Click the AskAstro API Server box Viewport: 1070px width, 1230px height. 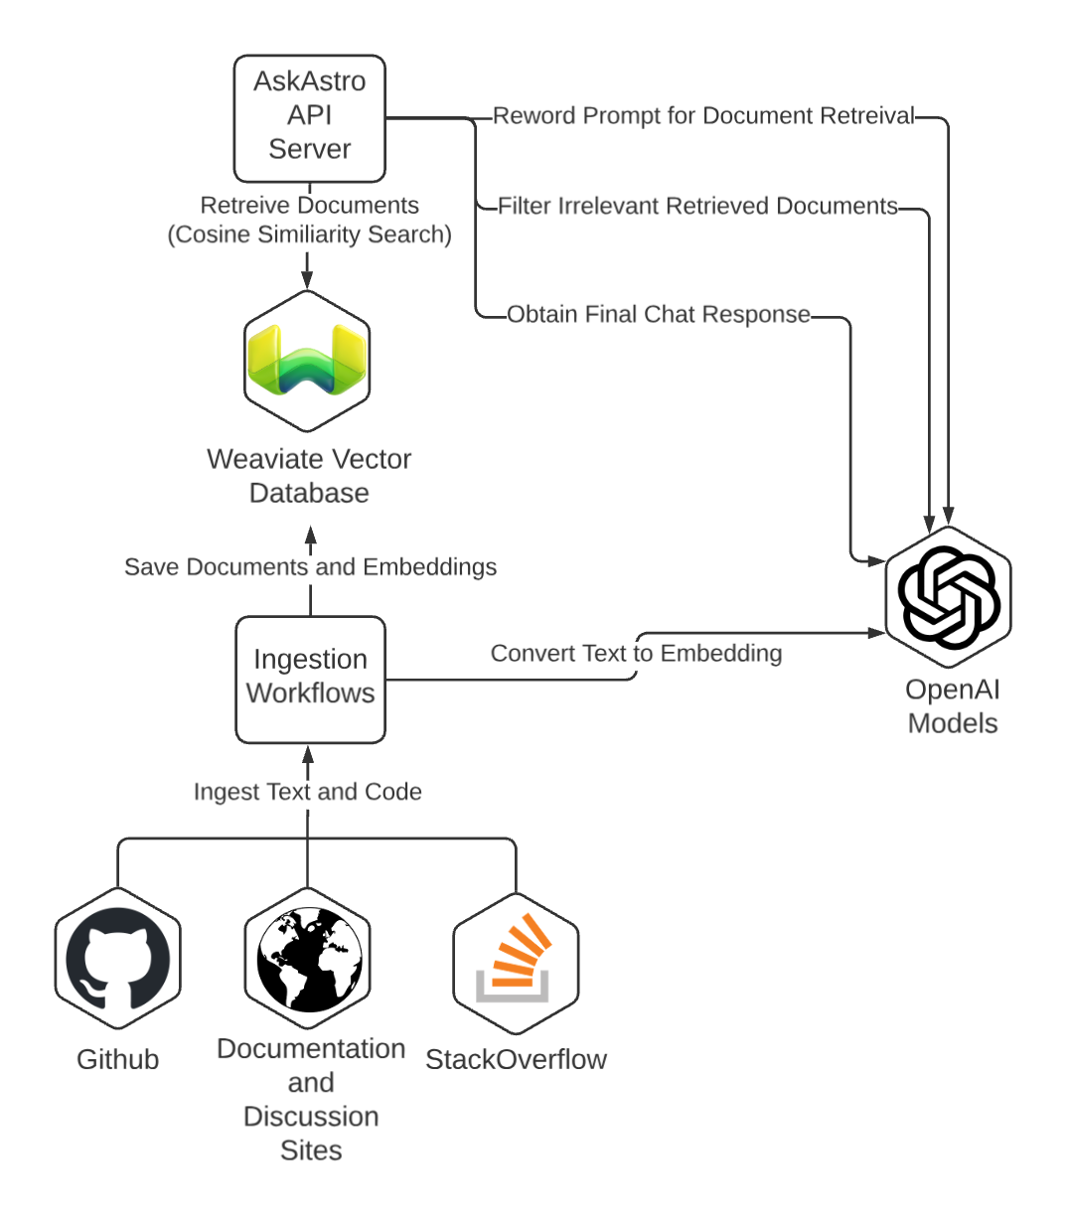pos(309,118)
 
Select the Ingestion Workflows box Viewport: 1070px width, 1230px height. pos(310,679)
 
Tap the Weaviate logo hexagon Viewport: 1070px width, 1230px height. pos(307,362)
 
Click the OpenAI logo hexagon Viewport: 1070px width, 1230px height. pos(948,597)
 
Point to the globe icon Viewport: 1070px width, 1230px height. pos(309,960)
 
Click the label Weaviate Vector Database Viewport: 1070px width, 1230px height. pos(309,476)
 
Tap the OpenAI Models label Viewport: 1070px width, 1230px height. pos(952,706)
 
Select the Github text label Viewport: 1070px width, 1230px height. pos(117,1060)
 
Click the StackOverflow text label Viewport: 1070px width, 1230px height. pos(516,1060)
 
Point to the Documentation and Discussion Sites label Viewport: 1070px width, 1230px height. pos(311,1099)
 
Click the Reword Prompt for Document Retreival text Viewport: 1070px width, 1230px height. pos(703,116)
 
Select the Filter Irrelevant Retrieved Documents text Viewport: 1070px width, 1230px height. pos(697,207)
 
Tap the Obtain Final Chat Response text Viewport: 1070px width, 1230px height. pos(659,315)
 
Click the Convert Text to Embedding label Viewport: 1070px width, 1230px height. pos(636,654)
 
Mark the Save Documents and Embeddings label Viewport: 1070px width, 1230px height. pos(310,567)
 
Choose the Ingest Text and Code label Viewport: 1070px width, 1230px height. pos(307,792)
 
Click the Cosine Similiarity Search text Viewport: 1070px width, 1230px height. pos(309,234)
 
